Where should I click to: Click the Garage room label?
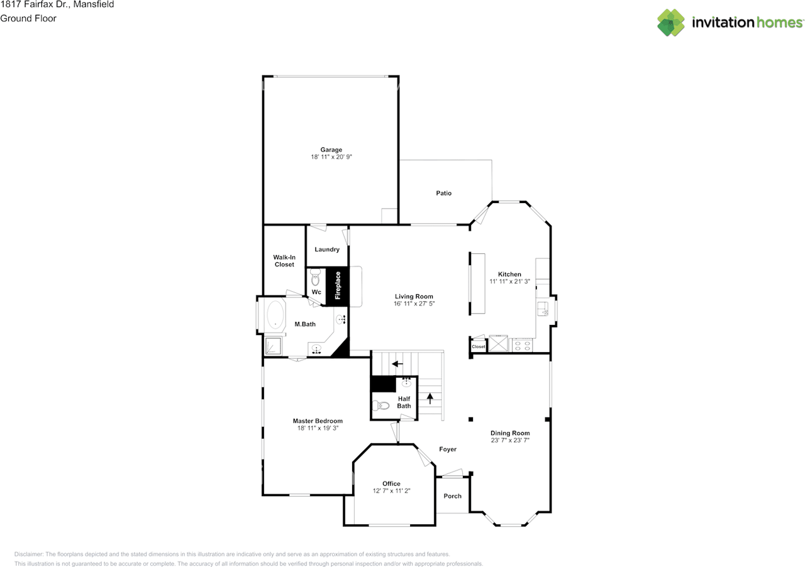coord(331,150)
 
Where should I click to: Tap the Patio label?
coord(443,193)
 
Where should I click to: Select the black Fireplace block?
coord(337,287)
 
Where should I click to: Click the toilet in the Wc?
coord(315,277)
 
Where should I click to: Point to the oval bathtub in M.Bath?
coord(275,314)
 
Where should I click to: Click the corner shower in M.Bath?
coord(273,346)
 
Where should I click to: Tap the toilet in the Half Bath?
coord(381,405)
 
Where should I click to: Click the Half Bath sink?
coord(406,383)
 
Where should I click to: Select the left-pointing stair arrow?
coord(397,364)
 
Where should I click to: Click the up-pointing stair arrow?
coord(430,398)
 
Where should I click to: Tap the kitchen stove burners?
coord(522,346)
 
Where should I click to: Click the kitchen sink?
coord(543,309)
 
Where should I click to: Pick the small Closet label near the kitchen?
coord(479,347)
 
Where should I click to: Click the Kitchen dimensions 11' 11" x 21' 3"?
coord(509,282)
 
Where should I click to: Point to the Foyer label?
coord(448,449)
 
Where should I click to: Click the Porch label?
coord(452,496)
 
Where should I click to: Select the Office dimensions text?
coord(391,491)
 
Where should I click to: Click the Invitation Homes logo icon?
coord(670,22)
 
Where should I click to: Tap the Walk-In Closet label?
coord(284,261)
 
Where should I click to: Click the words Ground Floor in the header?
coord(28,18)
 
